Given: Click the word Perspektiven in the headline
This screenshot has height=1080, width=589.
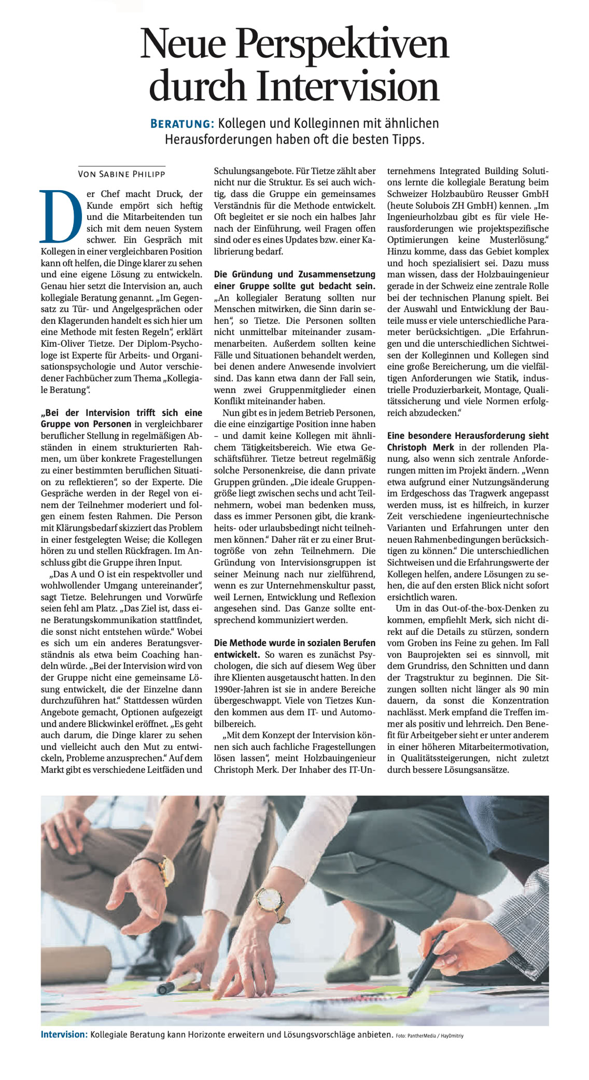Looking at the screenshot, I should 342,45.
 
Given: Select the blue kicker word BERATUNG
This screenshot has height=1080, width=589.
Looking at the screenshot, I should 181,124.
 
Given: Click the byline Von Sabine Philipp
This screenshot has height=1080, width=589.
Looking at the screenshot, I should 121,174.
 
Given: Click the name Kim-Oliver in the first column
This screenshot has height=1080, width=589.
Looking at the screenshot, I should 62,344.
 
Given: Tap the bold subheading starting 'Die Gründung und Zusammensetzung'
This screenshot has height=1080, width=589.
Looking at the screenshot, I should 294,274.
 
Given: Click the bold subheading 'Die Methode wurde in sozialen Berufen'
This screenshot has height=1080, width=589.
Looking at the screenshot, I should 294,643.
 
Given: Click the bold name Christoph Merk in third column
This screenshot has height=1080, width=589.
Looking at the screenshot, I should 420,447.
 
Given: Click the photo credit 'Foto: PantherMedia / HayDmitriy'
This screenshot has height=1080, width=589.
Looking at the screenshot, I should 429,1036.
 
